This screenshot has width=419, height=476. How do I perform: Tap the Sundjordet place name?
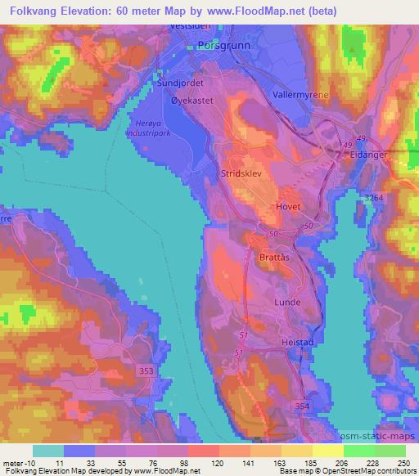pyautogui.click(x=180, y=83)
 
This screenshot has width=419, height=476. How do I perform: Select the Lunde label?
pyautogui.click(x=286, y=301)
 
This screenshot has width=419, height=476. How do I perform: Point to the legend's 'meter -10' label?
pyautogui.click(x=17, y=463)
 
